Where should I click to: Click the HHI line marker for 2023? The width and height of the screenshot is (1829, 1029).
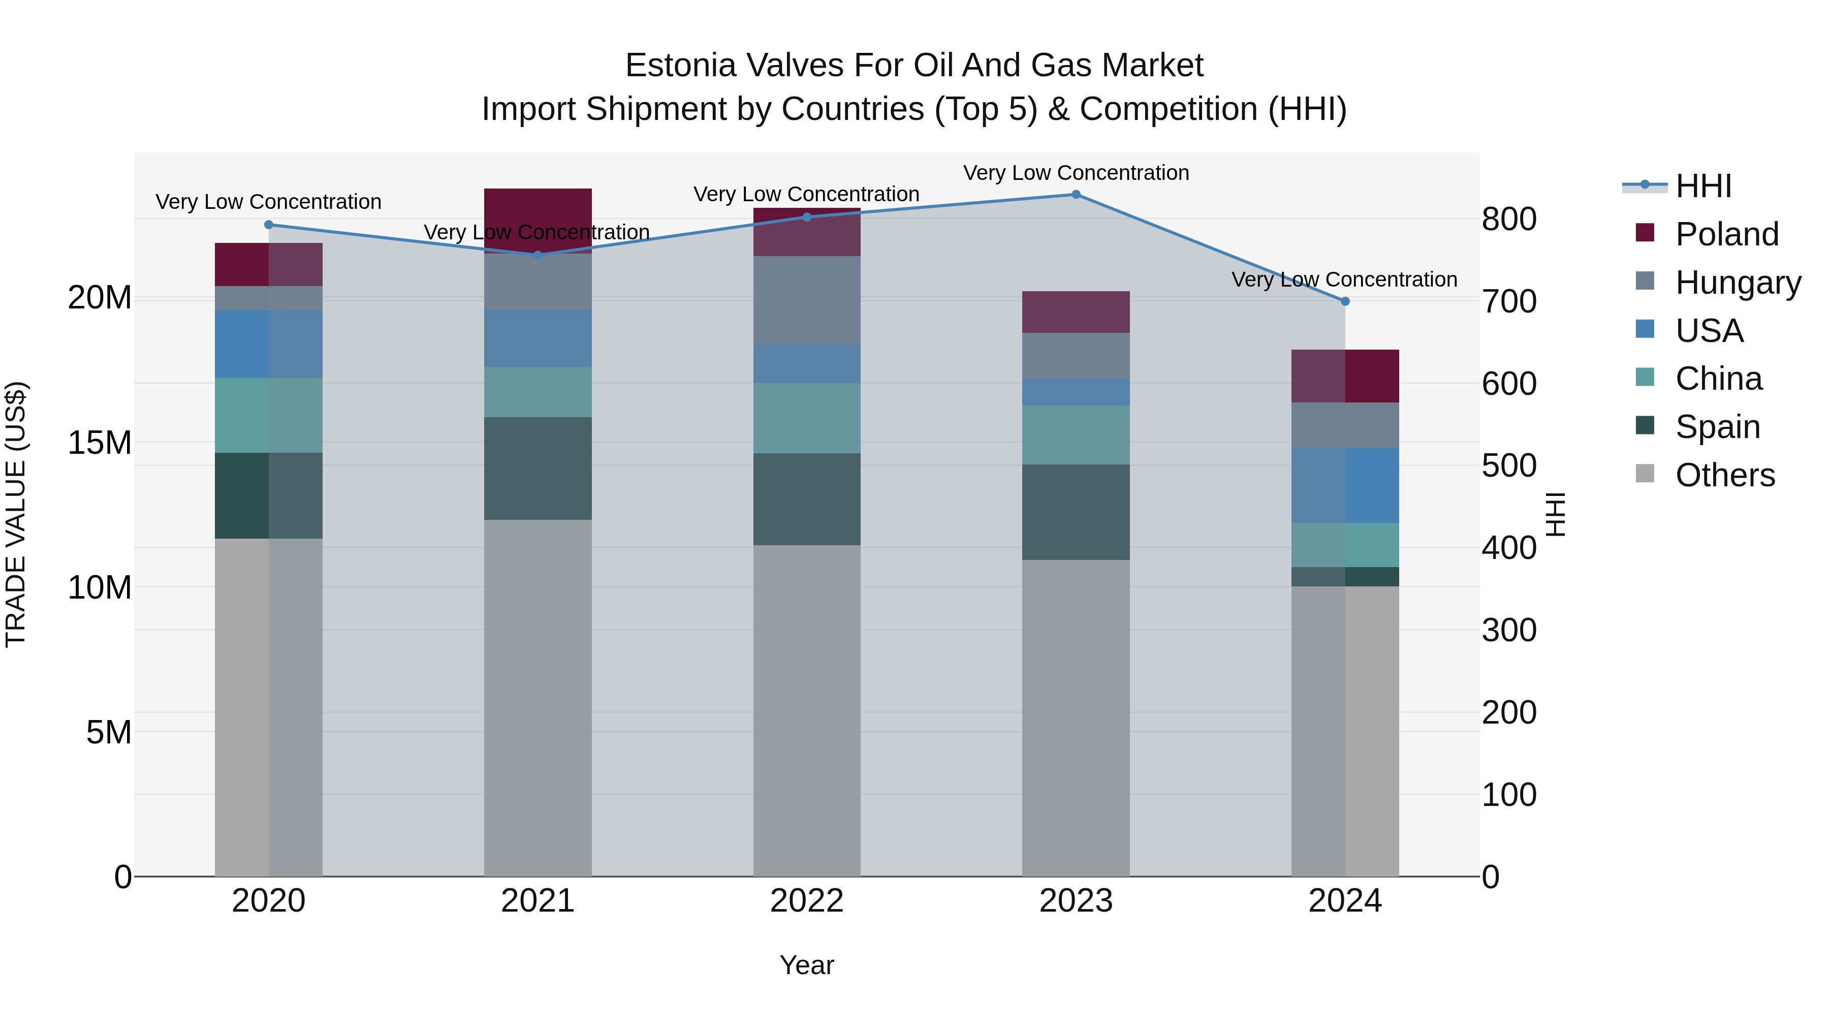pyautogui.click(x=1076, y=195)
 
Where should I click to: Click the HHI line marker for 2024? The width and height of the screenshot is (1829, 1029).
pyautogui.click(x=1345, y=301)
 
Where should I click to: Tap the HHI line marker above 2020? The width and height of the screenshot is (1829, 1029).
pyautogui.click(x=268, y=225)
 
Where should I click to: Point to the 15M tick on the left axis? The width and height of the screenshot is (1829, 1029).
pyautogui.click(x=100, y=443)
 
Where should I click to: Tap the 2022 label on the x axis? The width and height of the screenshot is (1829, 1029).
pyautogui.click(x=807, y=901)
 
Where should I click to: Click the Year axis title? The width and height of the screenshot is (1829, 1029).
pyautogui.click(x=807, y=965)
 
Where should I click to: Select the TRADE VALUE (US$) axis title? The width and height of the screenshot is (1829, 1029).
pyautogui.click(x=16, y=514)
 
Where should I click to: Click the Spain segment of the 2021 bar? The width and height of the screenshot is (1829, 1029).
pyautogui.click(x=538, y=469)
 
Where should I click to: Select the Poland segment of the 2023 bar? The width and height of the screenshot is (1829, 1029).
pyautogui.click(x=1076, y=312)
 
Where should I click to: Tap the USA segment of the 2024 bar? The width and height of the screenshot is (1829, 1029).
pyautogui.click(x=1345, y=485)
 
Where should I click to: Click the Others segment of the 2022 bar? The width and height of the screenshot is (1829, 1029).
pyautogui.click(x=807, y=710)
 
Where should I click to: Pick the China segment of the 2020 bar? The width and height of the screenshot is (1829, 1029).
pyautogui.click(x=268, y=416)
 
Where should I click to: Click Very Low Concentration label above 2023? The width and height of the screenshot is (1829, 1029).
pyautogui.click(x=1076, y=173)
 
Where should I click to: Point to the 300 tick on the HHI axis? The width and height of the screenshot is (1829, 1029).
pyautogui.click(x=1509, y=630)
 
